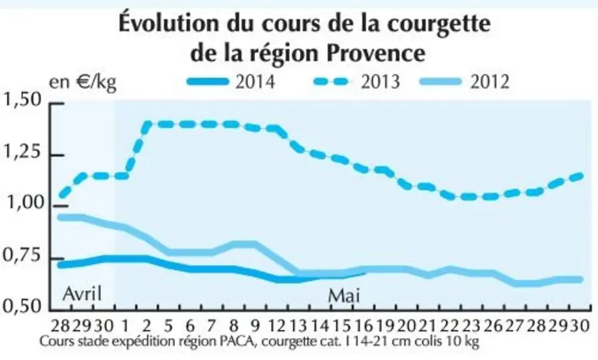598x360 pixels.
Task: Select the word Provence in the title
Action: [x=376, y=53]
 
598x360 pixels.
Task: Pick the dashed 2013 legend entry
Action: [x=357, y=82]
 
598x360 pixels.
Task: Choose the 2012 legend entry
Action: [x=464, y=82]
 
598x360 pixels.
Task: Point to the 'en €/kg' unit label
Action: [x=82, y=82]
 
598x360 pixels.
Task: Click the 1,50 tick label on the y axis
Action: [x=21, y=100]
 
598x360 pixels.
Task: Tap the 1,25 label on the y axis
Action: [x=21, y=152]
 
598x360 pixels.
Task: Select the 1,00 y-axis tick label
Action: [x=24, y=203]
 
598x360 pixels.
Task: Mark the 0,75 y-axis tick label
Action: [x=21, y=255]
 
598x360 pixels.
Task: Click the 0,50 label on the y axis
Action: [x=21, y=306]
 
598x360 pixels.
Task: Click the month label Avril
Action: [x=82, y=294]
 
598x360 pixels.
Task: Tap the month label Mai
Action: [x=344, y=296]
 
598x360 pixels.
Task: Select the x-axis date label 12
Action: [x=277, y=326]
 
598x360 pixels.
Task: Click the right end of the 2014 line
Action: [x=364, y=271]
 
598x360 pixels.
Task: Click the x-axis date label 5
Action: [x=169, y=326]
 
